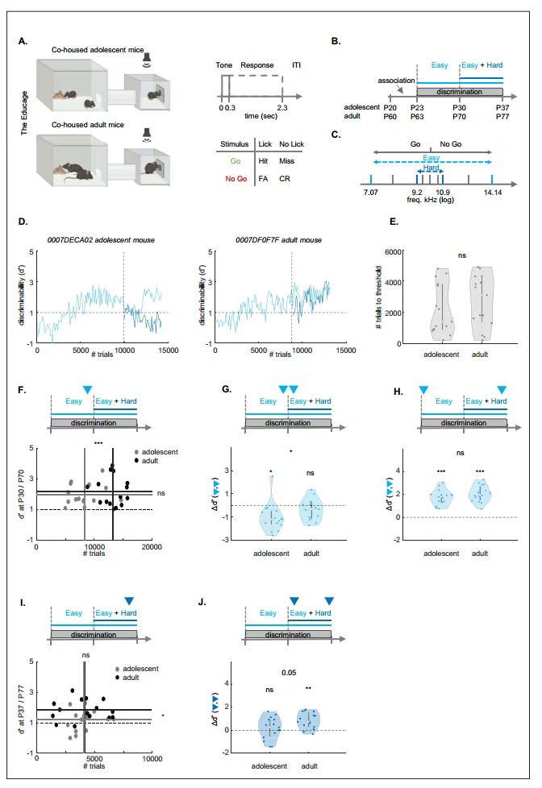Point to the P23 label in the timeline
coord(417,106)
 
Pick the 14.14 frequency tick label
coord(493,193)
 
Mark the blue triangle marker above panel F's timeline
coord(86,390)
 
